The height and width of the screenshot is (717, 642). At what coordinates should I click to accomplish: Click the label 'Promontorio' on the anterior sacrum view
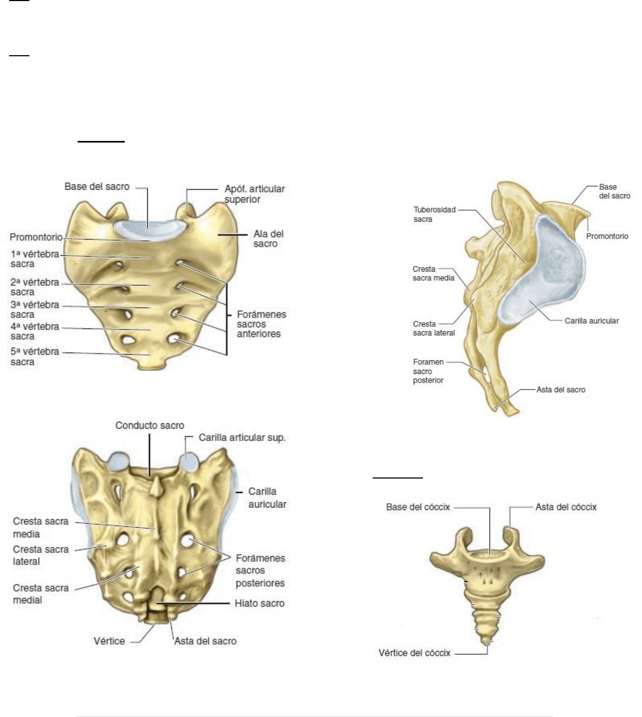point(36,237)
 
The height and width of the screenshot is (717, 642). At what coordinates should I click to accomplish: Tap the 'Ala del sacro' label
point(268,239)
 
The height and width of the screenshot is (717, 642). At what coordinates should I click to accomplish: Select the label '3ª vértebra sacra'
point(35,310)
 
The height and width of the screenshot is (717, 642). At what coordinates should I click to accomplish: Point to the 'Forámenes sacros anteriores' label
point(261,324)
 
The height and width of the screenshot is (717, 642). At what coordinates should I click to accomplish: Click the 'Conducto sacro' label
point(149,425)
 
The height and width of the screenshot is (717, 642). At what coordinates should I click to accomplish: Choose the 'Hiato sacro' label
point(260,603)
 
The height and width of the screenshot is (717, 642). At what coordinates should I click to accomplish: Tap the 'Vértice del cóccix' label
point(414,653)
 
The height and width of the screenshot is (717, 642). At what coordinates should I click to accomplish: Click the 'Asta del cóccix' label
point(566,507)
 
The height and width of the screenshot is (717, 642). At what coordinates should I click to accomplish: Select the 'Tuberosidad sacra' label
point(435,214)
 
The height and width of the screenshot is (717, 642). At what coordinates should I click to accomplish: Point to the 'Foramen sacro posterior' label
point(428,371)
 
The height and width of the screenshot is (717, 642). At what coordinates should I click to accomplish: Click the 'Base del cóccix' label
point(418,507)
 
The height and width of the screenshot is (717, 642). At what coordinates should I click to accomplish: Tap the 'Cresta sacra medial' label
point(41,594)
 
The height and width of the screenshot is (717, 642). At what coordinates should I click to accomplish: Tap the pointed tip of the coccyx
point(487,643)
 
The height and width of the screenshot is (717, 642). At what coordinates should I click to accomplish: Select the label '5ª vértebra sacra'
point(35,357)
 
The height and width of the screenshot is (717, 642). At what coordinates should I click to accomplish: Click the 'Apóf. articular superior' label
point(254,194)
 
